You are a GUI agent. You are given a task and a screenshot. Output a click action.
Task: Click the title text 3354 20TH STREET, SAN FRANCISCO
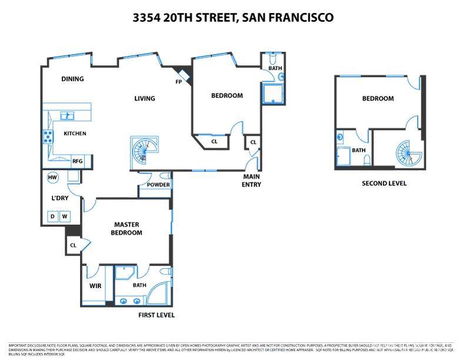click(x=233, y=18)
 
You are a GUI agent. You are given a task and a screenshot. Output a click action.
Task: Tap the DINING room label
click(x=72, y=79)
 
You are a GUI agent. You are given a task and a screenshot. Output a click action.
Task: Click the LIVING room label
click(x=144, y=98)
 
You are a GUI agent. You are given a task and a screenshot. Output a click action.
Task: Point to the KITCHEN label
click(x=75, y=134)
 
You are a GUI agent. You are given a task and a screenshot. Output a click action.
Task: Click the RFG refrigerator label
click(x=77, y=161)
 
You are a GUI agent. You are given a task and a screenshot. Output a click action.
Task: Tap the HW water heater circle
click(x=52, y=178)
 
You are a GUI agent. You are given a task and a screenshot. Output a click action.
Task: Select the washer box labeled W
click(x=64, y=216)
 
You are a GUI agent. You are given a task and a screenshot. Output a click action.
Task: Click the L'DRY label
click(x=60, y=198)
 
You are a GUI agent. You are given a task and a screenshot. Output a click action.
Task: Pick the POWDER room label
click(x=158, y=185)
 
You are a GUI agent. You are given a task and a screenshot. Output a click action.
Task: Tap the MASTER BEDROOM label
click(x=127, y=228)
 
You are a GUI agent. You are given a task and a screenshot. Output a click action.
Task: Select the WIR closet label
click(x=95, y=286)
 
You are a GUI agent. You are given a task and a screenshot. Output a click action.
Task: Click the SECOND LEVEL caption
click(x=384, y=184)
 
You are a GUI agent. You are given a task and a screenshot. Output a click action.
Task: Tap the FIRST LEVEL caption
click(x=156, y=315)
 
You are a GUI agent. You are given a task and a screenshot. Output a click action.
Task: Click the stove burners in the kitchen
click(x=46, y=138)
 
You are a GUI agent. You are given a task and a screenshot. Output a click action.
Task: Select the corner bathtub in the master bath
click(x=158, y=295)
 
